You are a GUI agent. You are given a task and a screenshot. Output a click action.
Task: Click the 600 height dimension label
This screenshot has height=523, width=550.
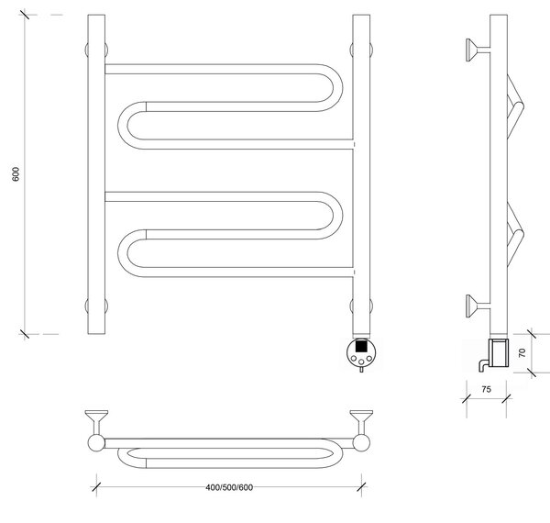coord(16,174)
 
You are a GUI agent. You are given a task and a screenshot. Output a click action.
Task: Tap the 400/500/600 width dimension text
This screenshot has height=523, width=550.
coord(229,487)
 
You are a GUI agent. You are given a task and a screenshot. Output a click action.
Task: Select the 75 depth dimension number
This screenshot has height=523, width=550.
coord(486,389)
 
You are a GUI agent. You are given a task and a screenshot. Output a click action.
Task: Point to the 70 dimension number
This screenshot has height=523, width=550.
coord(522,352)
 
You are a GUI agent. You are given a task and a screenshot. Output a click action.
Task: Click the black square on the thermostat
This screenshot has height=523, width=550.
coord(361,346)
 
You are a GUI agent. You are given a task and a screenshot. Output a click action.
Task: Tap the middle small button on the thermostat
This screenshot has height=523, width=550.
coord(361,362)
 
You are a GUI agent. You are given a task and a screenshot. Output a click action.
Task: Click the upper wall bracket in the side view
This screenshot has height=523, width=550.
coord(477,50)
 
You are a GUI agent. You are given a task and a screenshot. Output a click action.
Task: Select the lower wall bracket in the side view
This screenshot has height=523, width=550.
coord(477,306)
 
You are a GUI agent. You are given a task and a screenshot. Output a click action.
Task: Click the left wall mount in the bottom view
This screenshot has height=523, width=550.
coord(96,423)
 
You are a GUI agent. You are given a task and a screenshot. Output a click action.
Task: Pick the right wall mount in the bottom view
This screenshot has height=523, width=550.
coord(361,423)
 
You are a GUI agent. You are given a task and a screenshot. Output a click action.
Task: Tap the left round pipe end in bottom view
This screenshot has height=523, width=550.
coord(96,443)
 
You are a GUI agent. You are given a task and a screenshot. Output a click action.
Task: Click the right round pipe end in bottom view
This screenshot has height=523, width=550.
coord(361,443)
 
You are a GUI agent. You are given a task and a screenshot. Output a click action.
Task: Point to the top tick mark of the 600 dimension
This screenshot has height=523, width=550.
coord(25,15)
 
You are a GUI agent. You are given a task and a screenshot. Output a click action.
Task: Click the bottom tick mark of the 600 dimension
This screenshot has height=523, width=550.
coord(25,334)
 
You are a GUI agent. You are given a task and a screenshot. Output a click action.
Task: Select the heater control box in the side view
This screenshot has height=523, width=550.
coord(498,352)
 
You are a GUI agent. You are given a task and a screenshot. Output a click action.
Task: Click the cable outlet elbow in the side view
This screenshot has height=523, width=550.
coord(482,365)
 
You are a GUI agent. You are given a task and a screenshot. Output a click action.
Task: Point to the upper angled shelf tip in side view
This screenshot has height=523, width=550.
coord(522,105)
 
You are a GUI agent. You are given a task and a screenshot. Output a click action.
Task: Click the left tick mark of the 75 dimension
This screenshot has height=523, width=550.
coord(467,398)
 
